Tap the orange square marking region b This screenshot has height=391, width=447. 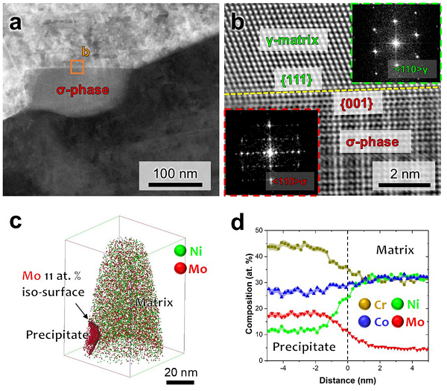click(x=77, y=67)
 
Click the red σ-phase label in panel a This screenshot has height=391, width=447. click(x=83, y=92)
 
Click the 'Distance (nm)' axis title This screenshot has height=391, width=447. click(x=348, y=381)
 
